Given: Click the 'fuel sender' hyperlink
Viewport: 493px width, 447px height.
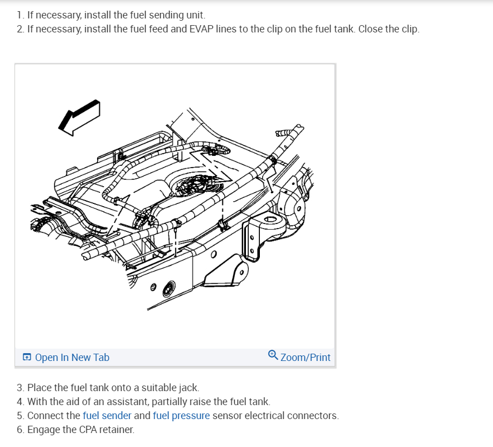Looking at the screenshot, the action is tap(107, 416).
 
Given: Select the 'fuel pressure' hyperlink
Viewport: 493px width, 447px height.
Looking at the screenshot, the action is tap(181, 416).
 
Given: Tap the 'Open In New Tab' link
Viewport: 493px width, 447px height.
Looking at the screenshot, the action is tap(72, 357).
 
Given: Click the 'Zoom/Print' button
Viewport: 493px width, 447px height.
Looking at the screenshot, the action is tap(305, 357).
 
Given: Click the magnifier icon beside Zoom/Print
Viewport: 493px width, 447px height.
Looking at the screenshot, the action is tap(273, 355).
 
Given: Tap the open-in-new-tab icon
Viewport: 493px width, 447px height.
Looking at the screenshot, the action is tap(27, 357).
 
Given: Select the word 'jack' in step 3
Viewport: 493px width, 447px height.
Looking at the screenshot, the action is tap(188, 387).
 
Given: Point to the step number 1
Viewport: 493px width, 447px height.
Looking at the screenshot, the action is tap(20, 15).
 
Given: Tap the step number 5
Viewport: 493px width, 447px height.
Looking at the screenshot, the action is tap(20, 416).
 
